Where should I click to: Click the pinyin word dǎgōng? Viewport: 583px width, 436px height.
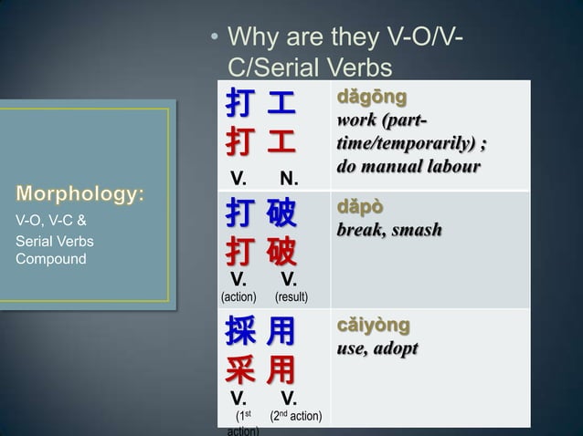tap(372, 96)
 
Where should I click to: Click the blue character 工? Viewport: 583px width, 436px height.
tap(281, 106)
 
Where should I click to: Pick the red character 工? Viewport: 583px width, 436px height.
tap(281, 143)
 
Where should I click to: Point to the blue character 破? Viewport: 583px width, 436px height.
tap(281, 215)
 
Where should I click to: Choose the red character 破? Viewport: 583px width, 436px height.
tap(281, 251)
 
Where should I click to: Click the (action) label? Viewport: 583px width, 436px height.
tap(239, 297)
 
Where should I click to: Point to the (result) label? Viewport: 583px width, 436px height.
tap(291, 297)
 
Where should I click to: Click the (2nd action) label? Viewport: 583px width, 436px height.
tap(295, 417)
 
